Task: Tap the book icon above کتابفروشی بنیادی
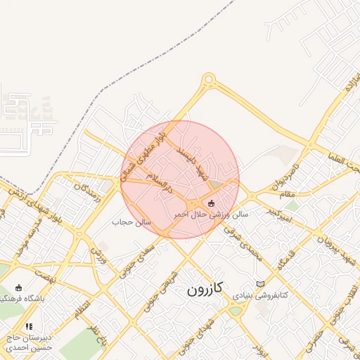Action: pyautogui.click(x=261, y=283)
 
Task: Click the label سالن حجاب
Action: pyautogui.click(x=129, y=221)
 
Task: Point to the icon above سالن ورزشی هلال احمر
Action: pyautogui.click(x=212, y=203)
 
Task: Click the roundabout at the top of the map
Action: pyautogui.click(x=208, y=82)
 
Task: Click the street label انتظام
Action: pyautogui.click(x=79, y=307)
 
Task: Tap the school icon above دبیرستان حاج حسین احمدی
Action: pyautogui.click(x=29, y=326)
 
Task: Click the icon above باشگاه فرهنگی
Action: pyautogui.click(x=19, y=288)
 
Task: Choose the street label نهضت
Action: pyautogui.click(x=44, y=277)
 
